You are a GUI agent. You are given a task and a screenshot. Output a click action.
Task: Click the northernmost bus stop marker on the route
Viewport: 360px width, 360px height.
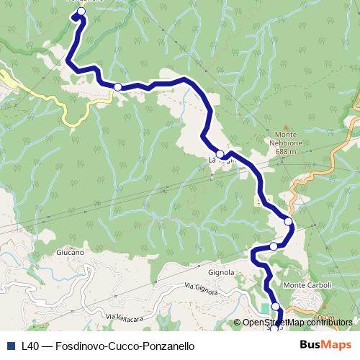tap(80, 12)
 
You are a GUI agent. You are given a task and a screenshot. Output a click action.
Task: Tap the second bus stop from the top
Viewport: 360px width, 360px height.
tap(117, 86)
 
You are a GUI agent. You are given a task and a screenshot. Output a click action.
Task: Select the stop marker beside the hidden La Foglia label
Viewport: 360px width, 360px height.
tap(220, 153)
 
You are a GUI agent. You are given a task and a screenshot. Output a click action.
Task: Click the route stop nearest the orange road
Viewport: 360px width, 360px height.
tap(289, 222)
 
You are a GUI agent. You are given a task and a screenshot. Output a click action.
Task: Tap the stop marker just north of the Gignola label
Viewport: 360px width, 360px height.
tap(274, 247)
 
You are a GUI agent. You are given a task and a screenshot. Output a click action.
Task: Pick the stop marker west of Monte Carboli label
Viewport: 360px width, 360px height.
tap(276, 307)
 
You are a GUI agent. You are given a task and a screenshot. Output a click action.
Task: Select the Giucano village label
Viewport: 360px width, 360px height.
tap(70, 253)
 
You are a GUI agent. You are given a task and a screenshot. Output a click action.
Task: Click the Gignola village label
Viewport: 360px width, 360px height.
tap(222, 273)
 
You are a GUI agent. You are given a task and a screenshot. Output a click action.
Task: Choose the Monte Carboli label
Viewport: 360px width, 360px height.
tap(307, 286)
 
